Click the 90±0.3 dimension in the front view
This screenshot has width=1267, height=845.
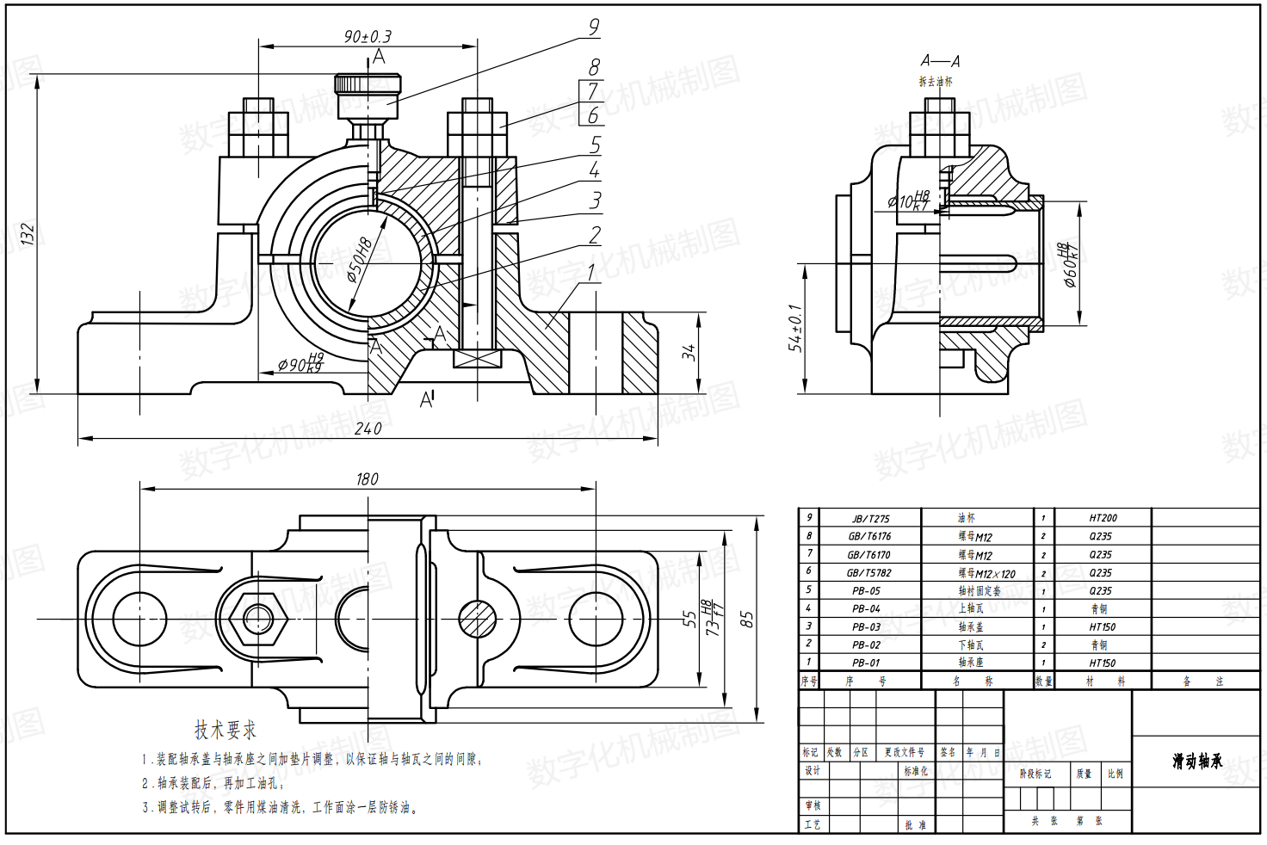[368, 36]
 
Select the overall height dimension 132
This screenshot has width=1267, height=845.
[28, 234]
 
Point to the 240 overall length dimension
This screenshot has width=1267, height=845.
[368, 428]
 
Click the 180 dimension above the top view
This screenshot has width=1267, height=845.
[367, 478]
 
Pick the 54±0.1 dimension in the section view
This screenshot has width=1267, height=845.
[795, 328]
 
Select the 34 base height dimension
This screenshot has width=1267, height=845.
[689, 352]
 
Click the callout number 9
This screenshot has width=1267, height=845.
[593, 27]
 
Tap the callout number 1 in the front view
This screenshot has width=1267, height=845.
[591, 273]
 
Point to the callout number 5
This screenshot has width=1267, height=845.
[595, 145]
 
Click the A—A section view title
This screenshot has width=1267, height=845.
[939, 61]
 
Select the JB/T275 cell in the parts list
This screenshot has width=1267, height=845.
[870, 519]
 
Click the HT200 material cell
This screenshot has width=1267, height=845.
[1103, 518]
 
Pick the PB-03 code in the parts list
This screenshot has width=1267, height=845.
[866, 627]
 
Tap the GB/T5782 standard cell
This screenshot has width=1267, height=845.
[868, 573]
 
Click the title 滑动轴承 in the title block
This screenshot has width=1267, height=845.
[1196, 762]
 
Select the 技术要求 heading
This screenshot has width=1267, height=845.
[226, 730]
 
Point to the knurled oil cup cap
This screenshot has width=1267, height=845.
[368, 86]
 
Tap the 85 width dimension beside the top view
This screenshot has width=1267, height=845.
[746, 620]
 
